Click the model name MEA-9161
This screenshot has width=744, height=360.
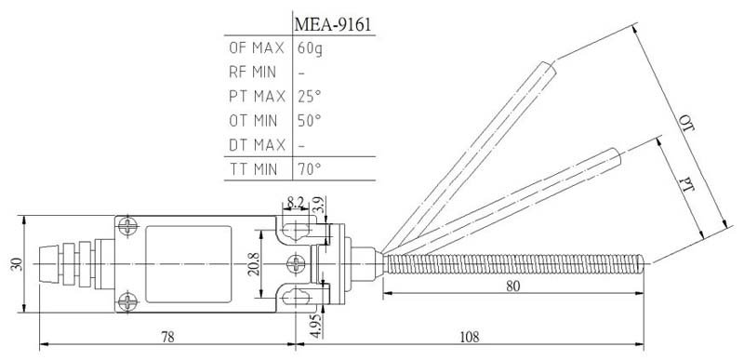[x=332, y=25]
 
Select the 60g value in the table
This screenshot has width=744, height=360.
[x=311, y=48]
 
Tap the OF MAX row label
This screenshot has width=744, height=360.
[x=257, y=47]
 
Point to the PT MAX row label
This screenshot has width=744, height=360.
[x=257, y=97]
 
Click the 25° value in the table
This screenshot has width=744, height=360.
[x=310, y=97]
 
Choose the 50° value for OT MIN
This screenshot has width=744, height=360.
[x=310, y=121]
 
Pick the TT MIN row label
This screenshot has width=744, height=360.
[x=253, y=169]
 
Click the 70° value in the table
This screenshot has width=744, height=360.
[x=310, y=169]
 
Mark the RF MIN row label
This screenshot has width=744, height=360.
[x=252, y=73]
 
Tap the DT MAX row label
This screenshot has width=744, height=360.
[x=257, y=145]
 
